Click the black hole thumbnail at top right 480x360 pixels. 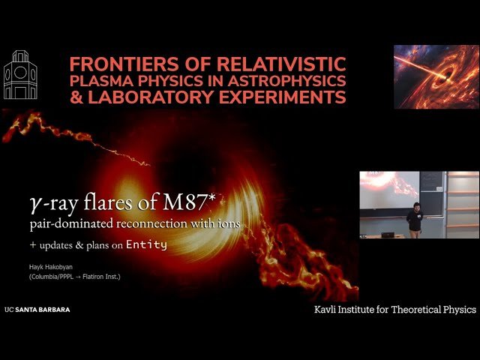coord(436,76)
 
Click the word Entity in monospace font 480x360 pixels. coord(146,244)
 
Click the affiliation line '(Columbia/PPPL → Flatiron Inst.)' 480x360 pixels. coord(80,277)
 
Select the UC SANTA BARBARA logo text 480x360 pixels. coord(37,309)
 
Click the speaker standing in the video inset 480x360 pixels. coord(415,217)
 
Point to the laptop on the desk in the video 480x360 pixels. coord(388,234)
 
